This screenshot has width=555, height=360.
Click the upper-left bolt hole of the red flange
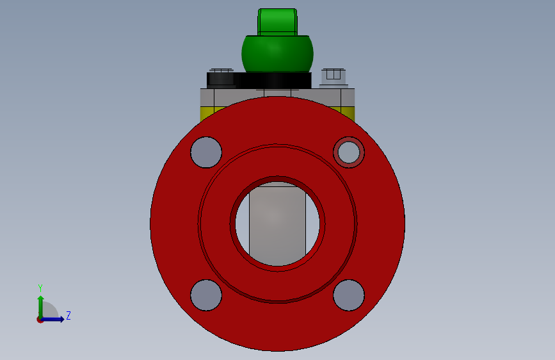coord(206,152)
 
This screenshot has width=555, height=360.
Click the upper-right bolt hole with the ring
coord(349,152)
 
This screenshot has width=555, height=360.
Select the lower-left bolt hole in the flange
coord(206,295)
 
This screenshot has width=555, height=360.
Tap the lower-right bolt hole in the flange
coord(349,295)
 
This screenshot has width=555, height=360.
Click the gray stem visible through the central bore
coord(278,223)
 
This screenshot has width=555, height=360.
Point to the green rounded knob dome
coord(278,54)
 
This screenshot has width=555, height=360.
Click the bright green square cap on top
coord(278,22)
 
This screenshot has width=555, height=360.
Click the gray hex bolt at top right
coord(334,78)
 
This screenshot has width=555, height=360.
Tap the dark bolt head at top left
coord(221,78)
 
